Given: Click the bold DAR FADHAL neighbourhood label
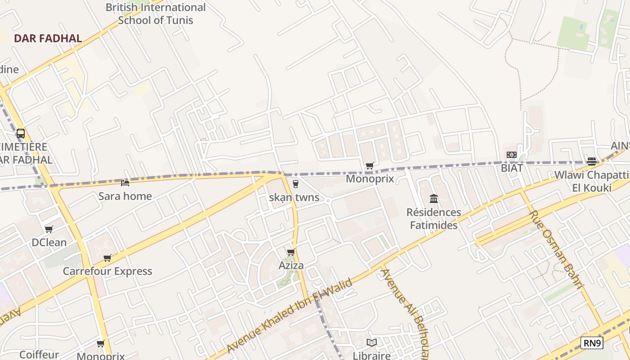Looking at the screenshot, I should (48, 38).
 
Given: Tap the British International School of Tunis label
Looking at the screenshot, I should (155, 13).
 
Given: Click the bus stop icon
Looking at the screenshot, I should (21, 134).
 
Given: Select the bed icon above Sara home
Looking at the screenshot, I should (125, 183).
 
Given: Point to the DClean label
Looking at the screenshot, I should (49, 242).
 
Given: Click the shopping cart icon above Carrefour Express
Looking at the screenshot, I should (107, 258).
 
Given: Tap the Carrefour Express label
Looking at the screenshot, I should (107, 271).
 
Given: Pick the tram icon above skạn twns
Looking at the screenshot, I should (295, 184).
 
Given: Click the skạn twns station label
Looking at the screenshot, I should (294, 197).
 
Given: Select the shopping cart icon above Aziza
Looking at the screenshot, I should (291, 252).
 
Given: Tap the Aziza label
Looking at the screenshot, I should (291, 265).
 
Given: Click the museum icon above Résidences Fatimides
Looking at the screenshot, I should (434, 198).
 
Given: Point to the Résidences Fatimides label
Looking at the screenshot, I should (434, 218).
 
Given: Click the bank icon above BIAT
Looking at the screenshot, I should (512, 155).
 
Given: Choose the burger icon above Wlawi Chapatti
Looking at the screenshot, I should (592, 162).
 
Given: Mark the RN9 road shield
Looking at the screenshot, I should (592, 343).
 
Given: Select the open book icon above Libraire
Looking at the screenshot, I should (372, 343).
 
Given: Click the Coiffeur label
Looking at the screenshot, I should (39, 355).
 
